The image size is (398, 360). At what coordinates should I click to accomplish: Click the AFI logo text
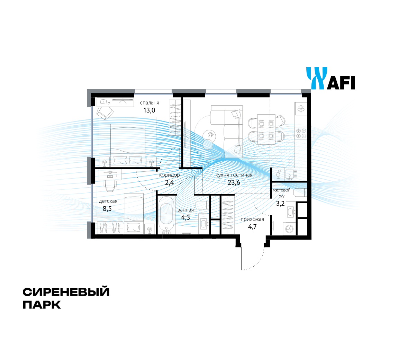click(340, 83)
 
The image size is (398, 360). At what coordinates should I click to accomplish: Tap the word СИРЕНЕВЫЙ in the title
click(66, 292)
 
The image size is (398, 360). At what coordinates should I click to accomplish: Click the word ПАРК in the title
click(42, 305)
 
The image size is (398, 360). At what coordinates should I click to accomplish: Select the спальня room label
click(149, 103)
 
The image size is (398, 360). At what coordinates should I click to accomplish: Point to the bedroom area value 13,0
click(149, 110)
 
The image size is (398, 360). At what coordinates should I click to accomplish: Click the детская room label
click(108, 201)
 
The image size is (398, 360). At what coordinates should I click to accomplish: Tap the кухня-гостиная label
click(234, 175)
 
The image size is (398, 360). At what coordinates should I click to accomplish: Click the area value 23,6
click(234, 183)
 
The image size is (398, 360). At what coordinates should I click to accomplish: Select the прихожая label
click(252, 219)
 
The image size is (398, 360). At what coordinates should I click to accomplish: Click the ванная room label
click(186, 210)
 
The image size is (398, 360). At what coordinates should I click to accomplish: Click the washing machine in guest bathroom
click(289, 228)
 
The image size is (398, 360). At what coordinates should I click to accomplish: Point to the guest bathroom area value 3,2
click(280, 204)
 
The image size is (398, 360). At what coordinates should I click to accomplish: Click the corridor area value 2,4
click(169, 183)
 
